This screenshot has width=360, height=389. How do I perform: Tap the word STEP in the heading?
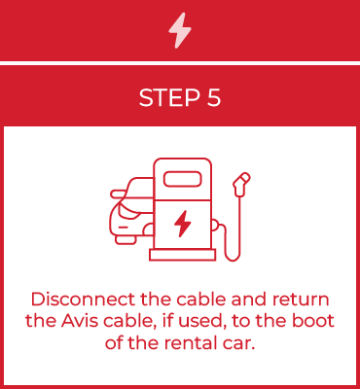pyautogui.click(x=163, y=97)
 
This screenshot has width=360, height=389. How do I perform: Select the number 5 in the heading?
pyautogui.click(x=212, y=97)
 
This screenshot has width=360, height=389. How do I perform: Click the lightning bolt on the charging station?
pyautogui.click(x=182, y=224)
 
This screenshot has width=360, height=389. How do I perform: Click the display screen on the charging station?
pyautogui.click(x=181, y=178)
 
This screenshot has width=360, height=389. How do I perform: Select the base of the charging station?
pyautogui.click(x=182, y=257)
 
